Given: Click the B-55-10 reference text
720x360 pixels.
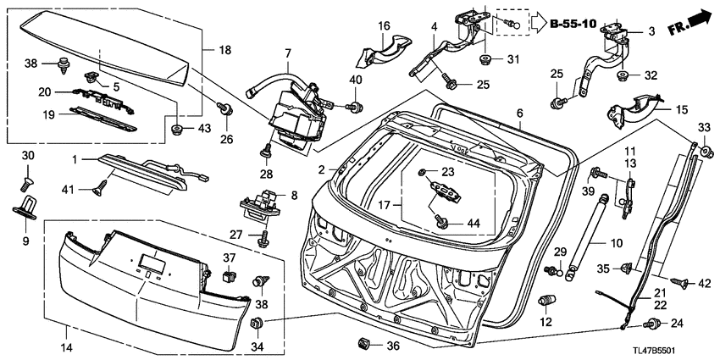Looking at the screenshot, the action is (574, 24).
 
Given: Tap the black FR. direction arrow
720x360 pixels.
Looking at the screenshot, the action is (698, 19).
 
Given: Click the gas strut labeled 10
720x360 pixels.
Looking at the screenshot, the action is (586, 235).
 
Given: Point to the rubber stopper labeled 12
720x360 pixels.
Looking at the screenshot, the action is (545, 302).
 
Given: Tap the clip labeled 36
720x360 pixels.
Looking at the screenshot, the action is (363, 342).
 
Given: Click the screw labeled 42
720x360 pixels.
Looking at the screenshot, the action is (679, 284).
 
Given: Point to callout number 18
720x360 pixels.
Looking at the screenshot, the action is (225, 50).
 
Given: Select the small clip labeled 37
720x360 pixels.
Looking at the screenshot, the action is (228, 276).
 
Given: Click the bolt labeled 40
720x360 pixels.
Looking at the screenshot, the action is (354, 108).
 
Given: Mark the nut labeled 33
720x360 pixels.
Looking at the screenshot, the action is (707, 151).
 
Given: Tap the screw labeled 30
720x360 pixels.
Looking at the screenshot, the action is (25, 185).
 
